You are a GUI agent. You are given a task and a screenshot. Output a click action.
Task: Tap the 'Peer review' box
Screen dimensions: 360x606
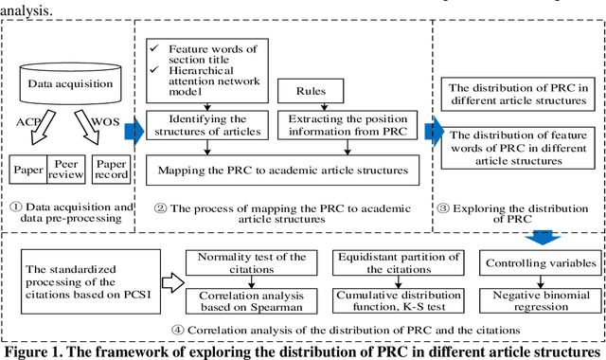point(64,167)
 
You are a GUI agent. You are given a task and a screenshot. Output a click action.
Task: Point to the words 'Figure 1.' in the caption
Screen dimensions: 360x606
point(36,351)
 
